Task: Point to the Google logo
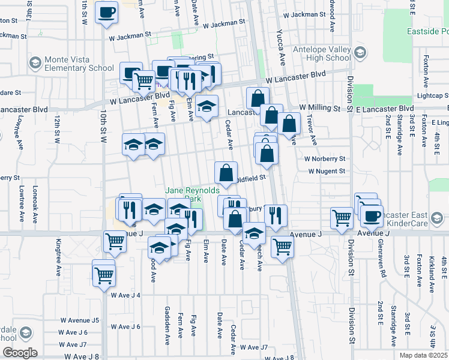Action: point(19,353)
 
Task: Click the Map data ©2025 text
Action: point(424,355)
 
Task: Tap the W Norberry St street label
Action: point(325,159)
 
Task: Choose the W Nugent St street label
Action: point(327,171)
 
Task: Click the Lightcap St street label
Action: point(433,95)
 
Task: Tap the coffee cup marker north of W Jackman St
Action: point(107,13)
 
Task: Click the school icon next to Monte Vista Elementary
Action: point(35,62)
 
